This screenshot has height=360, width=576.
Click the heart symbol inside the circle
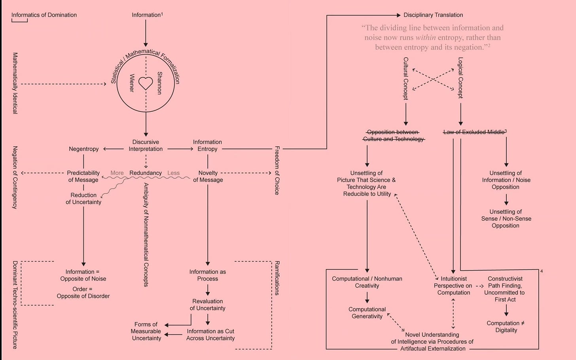(146, 83)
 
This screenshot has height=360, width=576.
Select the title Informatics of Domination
(44, 15)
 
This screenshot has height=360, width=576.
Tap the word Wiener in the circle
(132, 83)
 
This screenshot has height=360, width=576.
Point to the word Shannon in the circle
(159, 83)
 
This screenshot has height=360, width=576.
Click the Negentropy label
(83, 149)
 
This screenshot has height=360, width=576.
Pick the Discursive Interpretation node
(146, 146)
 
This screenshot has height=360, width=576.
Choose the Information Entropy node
(207, 146)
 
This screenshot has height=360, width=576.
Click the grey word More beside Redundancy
(117, 173)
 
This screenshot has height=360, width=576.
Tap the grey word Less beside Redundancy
(173, 173)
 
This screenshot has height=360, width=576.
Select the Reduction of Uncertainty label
(83, 199)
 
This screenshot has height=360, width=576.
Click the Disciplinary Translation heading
(433, 15)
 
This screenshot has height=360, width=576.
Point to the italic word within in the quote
(426, 38)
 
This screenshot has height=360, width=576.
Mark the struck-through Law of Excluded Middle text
(474, 132)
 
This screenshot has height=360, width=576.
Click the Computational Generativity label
(367, 313)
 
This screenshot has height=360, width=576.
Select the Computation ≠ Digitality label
(506, 327)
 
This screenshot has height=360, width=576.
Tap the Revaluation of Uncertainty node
(207, 305)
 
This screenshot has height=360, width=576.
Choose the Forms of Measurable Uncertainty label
(146, 331)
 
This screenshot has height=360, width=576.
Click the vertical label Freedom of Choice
(277, 170)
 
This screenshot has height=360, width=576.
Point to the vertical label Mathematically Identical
(15, 83)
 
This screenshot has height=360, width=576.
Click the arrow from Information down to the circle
(146, 33)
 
